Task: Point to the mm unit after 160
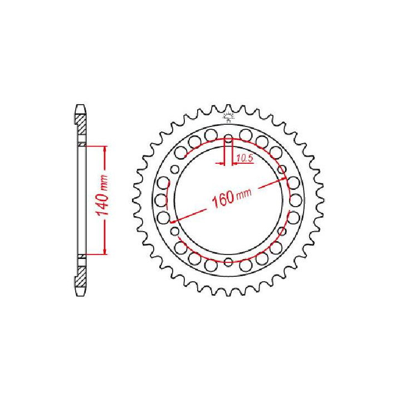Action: tap(242, 193)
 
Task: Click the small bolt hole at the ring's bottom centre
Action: tap(228, 262)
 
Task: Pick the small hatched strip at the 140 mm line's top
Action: tap(81, 144)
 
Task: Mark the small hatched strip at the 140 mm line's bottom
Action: tap(81, 256)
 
